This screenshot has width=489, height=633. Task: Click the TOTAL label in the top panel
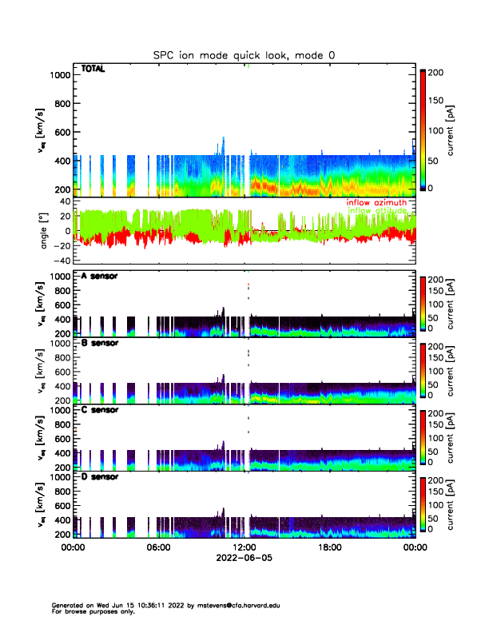click(93, 70)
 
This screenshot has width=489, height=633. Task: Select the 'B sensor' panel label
click(98, 343)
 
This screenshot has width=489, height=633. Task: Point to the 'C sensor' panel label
click(98, 410)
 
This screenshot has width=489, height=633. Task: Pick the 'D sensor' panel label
click(98, 476)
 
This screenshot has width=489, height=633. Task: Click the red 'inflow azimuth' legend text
click(376, 203)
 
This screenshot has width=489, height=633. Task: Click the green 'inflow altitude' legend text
click(376, 210)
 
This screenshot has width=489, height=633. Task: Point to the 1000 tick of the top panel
click(61, 75)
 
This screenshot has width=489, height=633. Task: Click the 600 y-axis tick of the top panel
click(62, 133)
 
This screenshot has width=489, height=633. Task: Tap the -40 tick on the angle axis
click(61, 261)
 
